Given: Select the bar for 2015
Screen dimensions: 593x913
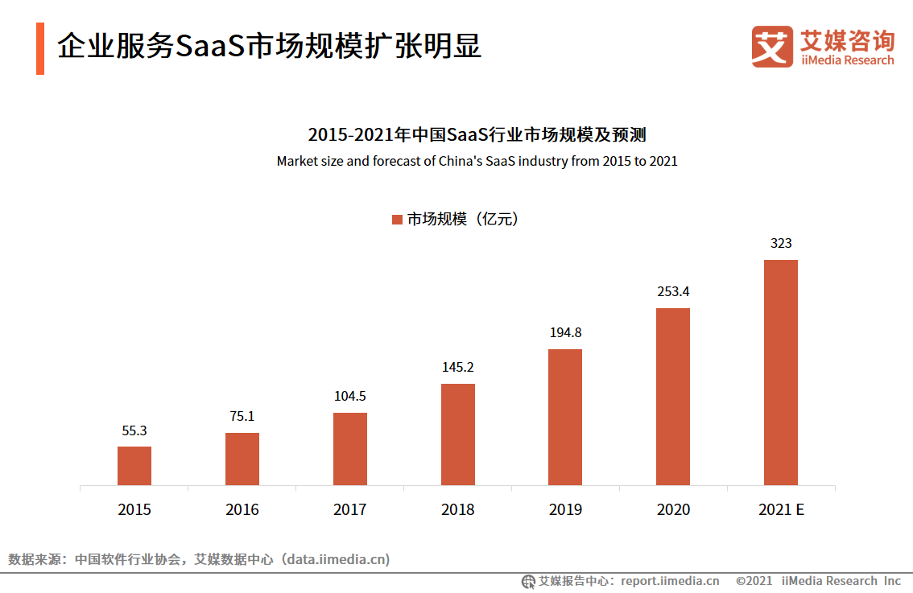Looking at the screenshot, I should coord(134,466).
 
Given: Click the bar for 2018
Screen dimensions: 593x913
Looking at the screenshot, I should coord(458,434).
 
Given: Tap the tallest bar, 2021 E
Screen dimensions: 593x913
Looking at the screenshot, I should coord(781,373).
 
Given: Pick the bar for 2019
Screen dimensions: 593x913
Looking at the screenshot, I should coord(565,417).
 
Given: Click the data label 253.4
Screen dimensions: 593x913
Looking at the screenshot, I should coord(673,291).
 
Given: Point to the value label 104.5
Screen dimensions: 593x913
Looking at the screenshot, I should coord(350,396).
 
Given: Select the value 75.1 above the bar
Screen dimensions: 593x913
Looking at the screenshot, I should coord(242,416).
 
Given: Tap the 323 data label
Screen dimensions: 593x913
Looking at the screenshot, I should coord(781,243).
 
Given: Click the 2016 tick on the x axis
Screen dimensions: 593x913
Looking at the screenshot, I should coord(242,509).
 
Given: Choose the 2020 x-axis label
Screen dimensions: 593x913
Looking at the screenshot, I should coord(673,509).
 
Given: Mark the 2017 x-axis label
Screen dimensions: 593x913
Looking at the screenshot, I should coord(350,509).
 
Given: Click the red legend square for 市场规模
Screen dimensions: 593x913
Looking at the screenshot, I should coord(397,220).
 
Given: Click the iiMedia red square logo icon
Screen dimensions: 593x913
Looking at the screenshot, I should coord(772,47).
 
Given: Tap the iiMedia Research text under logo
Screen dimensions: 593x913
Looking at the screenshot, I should coord(847,60).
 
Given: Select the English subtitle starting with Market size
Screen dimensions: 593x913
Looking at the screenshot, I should coord(477,161).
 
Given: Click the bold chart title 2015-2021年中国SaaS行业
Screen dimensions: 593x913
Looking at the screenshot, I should coord(477,134).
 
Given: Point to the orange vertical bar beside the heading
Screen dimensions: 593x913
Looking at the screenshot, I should coord(40,48).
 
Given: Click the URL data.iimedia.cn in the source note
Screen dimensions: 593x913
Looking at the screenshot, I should coord(339,559).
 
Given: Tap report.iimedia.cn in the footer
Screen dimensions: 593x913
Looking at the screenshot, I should coord(671,581).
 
